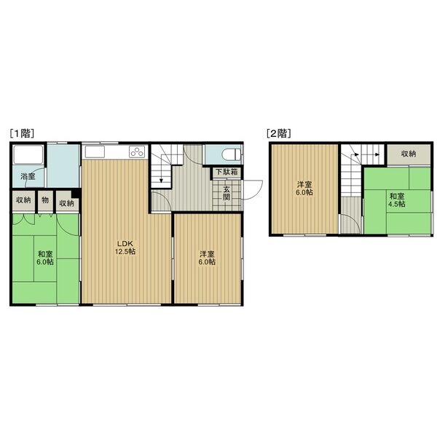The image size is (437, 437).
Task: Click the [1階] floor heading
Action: [22, 133]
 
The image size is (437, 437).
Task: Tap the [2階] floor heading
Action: [279, 133]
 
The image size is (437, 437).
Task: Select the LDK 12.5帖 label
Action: [125, 247]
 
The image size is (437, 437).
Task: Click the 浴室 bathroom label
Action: [28, 176]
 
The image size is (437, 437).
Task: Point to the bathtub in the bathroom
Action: [28, 154]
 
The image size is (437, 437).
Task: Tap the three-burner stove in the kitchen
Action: [137, 152]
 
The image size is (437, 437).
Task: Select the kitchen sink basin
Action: [95, 152]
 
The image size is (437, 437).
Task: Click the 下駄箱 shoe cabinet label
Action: [227, 172]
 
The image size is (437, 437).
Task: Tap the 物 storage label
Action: [45, 200]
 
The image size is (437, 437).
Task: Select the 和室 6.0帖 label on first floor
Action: [45, 258]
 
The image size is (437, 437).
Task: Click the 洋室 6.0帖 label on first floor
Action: [207, 258]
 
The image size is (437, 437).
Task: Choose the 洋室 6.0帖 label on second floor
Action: [304, 189]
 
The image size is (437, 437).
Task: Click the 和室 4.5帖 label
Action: [397, 200]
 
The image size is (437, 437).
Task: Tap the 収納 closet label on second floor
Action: [409, 154]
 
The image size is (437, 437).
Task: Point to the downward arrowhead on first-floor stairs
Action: [161, 181]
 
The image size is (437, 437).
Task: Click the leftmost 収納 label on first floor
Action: [23, 200]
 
